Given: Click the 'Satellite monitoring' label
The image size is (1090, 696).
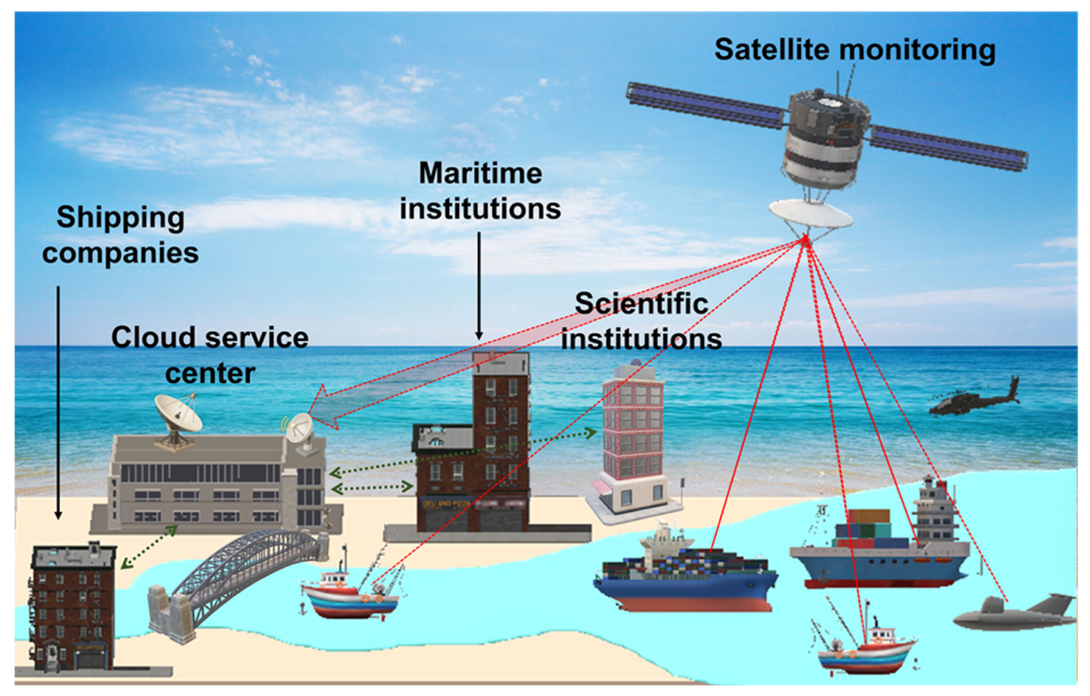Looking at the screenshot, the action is click(x=855, y=50).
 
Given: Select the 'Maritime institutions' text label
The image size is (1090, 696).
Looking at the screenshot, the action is click(x=480, y=191).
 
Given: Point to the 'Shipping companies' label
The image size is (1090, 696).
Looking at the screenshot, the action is click(x=120, y=235).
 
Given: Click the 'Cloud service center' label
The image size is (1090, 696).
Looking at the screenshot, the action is click(x=210, y=355).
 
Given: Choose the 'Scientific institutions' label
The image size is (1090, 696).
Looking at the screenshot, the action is click(x=642, y=321).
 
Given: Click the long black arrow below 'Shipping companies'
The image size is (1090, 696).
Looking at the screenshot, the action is click(x=58, y=402).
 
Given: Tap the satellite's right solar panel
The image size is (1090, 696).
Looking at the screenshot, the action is click(x=948, y=147).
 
